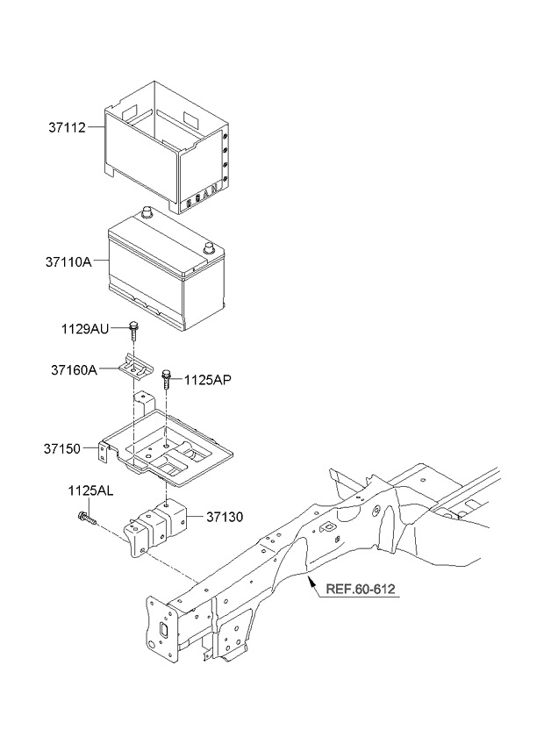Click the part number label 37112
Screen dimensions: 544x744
coord(67,127)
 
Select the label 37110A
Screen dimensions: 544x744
coord(68,262)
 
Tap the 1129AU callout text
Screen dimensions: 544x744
coord(85,329)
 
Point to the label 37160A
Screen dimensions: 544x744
coord(74,370)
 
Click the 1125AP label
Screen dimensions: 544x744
coord(208,380)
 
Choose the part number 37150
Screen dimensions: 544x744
coord(62,449)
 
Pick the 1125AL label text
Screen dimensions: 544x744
coord(89,491)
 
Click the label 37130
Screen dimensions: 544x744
coord(225,517)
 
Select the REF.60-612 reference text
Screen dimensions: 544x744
coord(361,590)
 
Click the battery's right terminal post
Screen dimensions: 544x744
coord(209,248)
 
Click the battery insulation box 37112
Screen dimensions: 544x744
coord(168,147)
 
